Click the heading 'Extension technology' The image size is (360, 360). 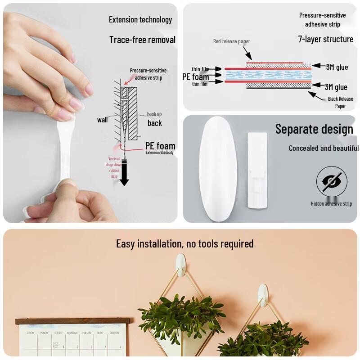(140, 20)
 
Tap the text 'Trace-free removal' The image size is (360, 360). (142, 40)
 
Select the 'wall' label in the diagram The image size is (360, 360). (102, 120)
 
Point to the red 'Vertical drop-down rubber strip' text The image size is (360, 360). (114, 167)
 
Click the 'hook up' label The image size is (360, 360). (154, 114)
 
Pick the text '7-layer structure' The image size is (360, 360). (326, 39)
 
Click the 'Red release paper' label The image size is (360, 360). (231, 41)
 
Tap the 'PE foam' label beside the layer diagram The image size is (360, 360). (195, 77)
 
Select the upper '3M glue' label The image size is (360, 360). (337, 67)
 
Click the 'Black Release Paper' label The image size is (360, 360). (340, 103)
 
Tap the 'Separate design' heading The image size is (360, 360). (314, 129)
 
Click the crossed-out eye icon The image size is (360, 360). (332, 182)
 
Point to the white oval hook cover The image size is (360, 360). (218, 169)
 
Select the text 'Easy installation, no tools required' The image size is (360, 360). (184, 244)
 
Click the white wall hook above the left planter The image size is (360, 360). (180, 264)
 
